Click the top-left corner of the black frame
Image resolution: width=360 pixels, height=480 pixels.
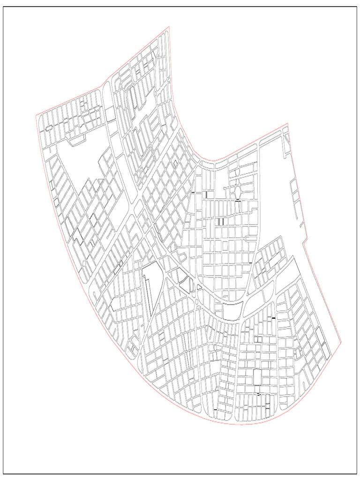pyautogui.click(x=4, y=7)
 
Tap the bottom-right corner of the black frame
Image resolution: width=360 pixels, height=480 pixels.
pyautogui.click(x=356, y=474)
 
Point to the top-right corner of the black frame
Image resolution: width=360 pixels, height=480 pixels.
pyautogui.click(x=356, y=7)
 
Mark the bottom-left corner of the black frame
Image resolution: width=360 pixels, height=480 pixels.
pyautogui.click(x=4, y=474)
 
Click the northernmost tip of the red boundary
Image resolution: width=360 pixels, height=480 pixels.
pyautogui.click(x=169, y=26)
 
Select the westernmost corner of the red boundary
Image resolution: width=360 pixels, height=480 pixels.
pyautogui.click(x=36, y=114)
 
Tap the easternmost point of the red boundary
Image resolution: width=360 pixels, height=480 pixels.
pyautogui.click(x=342, y=342)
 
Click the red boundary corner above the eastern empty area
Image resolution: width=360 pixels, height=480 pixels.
pyautogui.click(x=287, y=123)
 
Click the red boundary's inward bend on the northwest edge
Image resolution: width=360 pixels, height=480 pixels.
pyautogui.click(x=102, y=86)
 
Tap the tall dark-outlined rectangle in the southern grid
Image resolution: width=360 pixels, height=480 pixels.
pyautogui.click(x=257, y=377)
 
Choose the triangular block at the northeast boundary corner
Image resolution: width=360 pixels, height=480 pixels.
pyautogui.click(x=286, y=137)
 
